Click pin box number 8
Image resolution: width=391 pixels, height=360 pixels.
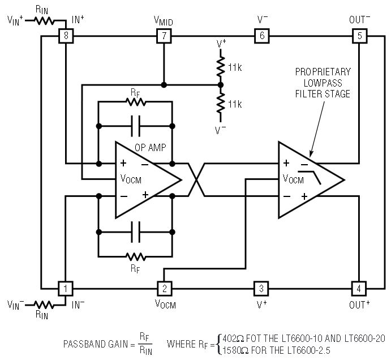(66, 36)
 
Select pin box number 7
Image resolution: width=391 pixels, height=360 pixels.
(164, 36)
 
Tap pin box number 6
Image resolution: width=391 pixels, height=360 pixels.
(262, 36)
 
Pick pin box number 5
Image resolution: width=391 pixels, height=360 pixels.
(359, 36)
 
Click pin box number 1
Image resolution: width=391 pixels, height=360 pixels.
(66, 289)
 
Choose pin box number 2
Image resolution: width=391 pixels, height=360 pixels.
(164, 289)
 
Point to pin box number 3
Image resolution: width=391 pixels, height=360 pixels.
(261, 289)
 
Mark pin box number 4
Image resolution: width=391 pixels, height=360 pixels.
(359, 289)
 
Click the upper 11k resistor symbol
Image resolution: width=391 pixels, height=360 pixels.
(221, 67)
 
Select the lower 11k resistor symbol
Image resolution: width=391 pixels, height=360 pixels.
(221, 103)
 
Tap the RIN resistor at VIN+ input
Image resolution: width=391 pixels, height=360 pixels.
(44, 21)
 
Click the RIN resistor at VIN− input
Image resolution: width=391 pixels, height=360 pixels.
(44, 305)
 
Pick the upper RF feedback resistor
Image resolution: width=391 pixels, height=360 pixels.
(136, 102)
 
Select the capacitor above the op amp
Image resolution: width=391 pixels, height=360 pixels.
(136, 126)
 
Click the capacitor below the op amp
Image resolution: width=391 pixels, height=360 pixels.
(136, 232)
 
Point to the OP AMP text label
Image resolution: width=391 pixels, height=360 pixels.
(151, 147)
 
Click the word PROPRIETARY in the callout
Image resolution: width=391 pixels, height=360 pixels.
(323, 72)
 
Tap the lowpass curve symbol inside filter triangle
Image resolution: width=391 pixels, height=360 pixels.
(310, 178)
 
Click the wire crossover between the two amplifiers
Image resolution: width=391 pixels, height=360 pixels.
(196, 180)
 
